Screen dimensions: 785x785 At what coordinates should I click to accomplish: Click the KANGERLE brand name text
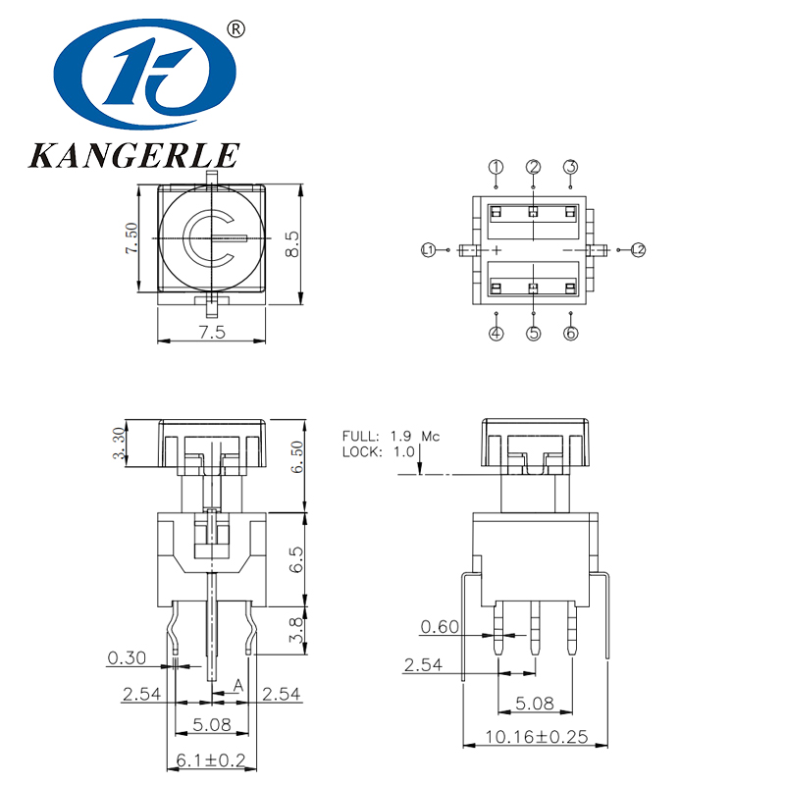(134, 155)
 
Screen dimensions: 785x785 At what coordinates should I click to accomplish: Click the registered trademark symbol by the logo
(235, 29)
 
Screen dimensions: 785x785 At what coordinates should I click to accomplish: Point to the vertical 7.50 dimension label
(132, 238)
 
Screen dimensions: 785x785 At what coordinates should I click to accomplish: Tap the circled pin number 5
(534, 334)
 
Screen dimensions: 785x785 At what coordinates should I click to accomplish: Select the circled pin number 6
(571, 334)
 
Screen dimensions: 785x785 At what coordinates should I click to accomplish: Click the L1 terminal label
(429, 250)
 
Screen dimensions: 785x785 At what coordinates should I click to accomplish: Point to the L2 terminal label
(638, 250)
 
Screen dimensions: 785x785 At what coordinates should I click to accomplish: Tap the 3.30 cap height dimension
(119, 443)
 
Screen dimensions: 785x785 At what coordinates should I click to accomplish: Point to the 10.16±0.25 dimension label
(535, 737)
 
